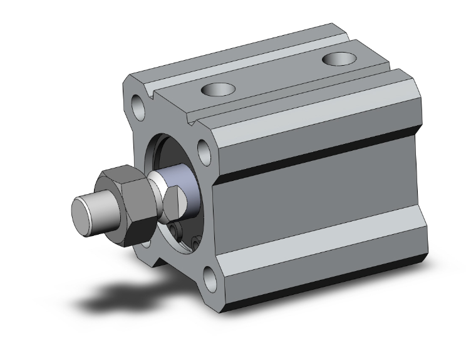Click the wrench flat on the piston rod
[x=177, y=203]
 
